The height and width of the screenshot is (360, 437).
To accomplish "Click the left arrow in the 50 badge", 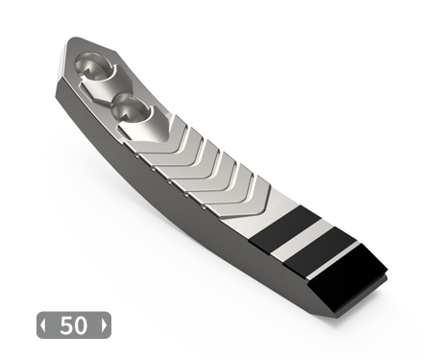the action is (x=43, y=325).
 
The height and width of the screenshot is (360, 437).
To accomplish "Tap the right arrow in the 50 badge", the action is (x=104, y=325).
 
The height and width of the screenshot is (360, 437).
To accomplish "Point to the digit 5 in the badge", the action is (x=66, y=325).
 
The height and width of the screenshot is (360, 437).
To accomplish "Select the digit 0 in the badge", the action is (x=81, y=325).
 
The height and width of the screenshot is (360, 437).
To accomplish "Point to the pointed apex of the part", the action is (x=74, y=38).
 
